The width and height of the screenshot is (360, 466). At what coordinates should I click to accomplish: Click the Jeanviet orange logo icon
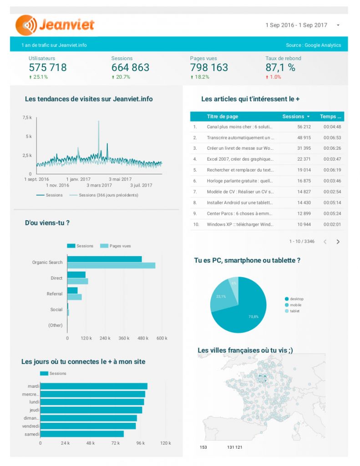tap(26, 25)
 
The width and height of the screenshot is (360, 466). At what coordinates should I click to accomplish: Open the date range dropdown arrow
tap(338, 25)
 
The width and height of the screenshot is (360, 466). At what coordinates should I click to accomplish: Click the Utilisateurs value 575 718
tap(48, 68)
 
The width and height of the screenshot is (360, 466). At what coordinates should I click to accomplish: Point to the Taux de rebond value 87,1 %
tap(280, 68)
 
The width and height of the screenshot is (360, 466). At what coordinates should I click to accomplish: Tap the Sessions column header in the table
tap(295, 116)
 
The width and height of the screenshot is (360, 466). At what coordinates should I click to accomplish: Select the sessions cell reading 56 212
tap(304, 127)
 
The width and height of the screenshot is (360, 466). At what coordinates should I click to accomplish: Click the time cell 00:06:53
tap(332, 137)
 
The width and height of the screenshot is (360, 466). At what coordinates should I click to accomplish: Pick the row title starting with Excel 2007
tap(240, 159)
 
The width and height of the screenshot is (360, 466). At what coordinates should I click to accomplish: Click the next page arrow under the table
tap(338, 242)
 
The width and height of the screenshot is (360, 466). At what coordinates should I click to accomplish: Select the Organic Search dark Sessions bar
tap(104, 259)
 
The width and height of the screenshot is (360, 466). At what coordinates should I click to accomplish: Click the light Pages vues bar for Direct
tap(78, 281)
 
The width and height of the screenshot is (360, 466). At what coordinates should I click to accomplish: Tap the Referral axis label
tap(55, 294)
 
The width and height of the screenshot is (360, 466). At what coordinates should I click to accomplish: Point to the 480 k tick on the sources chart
tap(143, 338)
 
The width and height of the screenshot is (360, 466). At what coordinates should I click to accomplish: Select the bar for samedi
tap(82, 434)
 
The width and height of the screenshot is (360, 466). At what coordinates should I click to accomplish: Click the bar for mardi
tap(94, 386)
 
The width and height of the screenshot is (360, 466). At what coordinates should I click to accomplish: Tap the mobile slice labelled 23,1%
tap(221, 297)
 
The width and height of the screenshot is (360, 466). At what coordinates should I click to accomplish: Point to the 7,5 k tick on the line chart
tap(27, 118)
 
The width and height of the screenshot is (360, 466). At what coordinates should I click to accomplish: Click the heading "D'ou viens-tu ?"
tap(47, 223)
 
